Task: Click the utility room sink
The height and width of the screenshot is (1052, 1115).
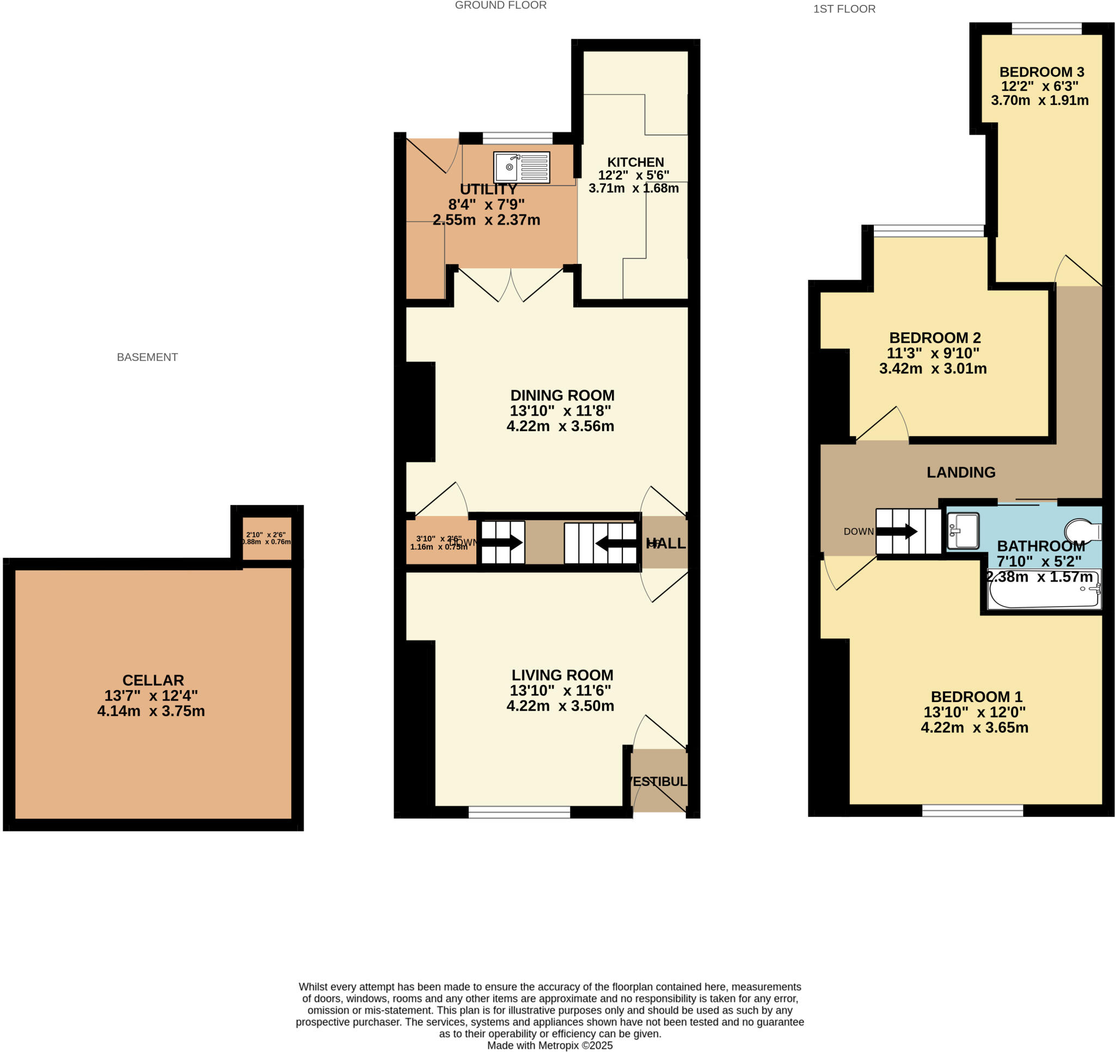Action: coord(521,167)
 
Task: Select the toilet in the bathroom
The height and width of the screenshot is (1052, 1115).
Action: coord(1083,530)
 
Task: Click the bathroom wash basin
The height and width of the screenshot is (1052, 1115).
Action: coord(963,531)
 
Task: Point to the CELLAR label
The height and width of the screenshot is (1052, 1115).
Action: coord(153,680)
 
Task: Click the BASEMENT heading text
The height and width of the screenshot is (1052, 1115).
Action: coord(147,357)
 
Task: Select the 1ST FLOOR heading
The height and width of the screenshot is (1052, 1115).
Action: coord(844,9)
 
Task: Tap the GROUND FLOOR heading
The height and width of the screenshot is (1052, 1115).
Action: coord(500,5)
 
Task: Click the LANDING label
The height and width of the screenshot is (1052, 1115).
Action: coord(961,472)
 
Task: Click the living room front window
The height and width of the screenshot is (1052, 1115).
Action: coord(519,812)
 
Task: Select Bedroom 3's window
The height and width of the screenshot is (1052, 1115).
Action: coord(1046,29)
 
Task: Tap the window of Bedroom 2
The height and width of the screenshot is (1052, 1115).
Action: coord(929,230)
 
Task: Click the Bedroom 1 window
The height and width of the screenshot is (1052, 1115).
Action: coord(972,810)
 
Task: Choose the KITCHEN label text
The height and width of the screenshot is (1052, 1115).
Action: coord(635,162)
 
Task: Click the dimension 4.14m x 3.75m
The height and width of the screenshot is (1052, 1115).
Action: coord(151,711)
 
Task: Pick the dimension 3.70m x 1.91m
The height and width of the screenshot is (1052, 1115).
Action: coord(1039,100)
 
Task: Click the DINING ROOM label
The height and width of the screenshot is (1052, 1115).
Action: coord(562,395)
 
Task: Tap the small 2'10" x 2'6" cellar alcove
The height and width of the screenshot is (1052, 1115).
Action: coord(267,538)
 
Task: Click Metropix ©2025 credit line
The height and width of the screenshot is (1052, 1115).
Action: coord(550,1045)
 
